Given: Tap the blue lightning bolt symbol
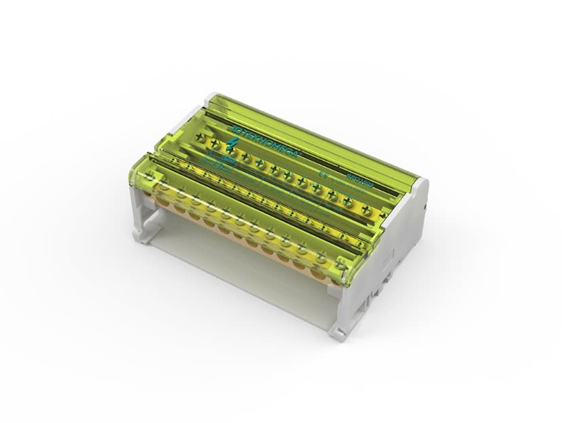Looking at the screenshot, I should [234, 145].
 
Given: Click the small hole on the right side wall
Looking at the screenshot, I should [423, 205].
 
